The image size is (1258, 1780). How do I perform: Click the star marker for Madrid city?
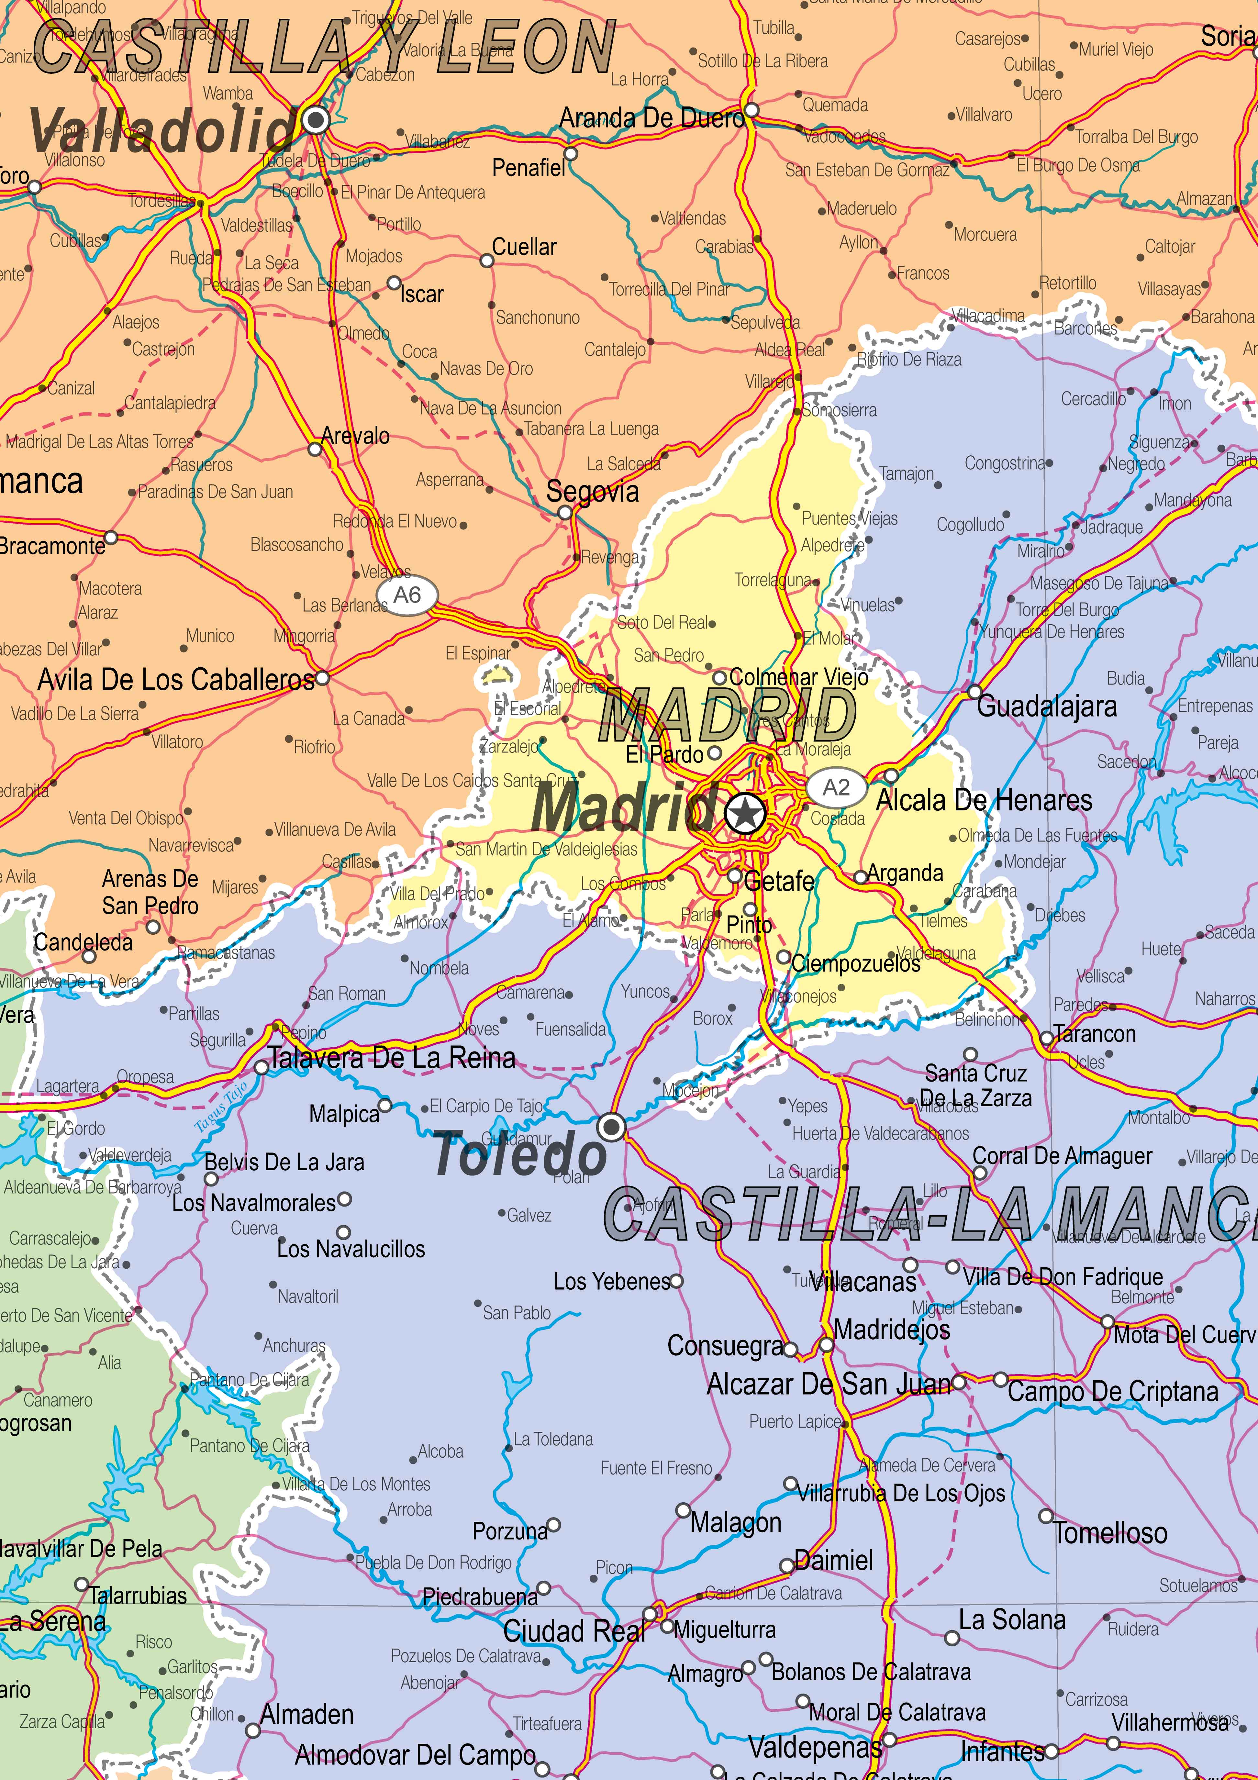[746, 814]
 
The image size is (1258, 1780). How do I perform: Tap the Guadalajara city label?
[1046, 706]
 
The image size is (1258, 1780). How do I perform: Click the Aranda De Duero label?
[651, 119]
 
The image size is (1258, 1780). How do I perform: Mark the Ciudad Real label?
[573, 1631]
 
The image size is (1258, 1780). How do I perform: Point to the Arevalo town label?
[355, 436]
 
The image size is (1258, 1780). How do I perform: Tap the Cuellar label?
[525, 247]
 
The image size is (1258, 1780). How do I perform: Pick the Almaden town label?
[307, 1715]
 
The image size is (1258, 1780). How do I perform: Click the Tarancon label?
[1095, 1034]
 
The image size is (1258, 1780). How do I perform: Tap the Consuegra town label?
[726, 1346]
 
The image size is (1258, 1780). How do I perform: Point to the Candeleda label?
[83, 943]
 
